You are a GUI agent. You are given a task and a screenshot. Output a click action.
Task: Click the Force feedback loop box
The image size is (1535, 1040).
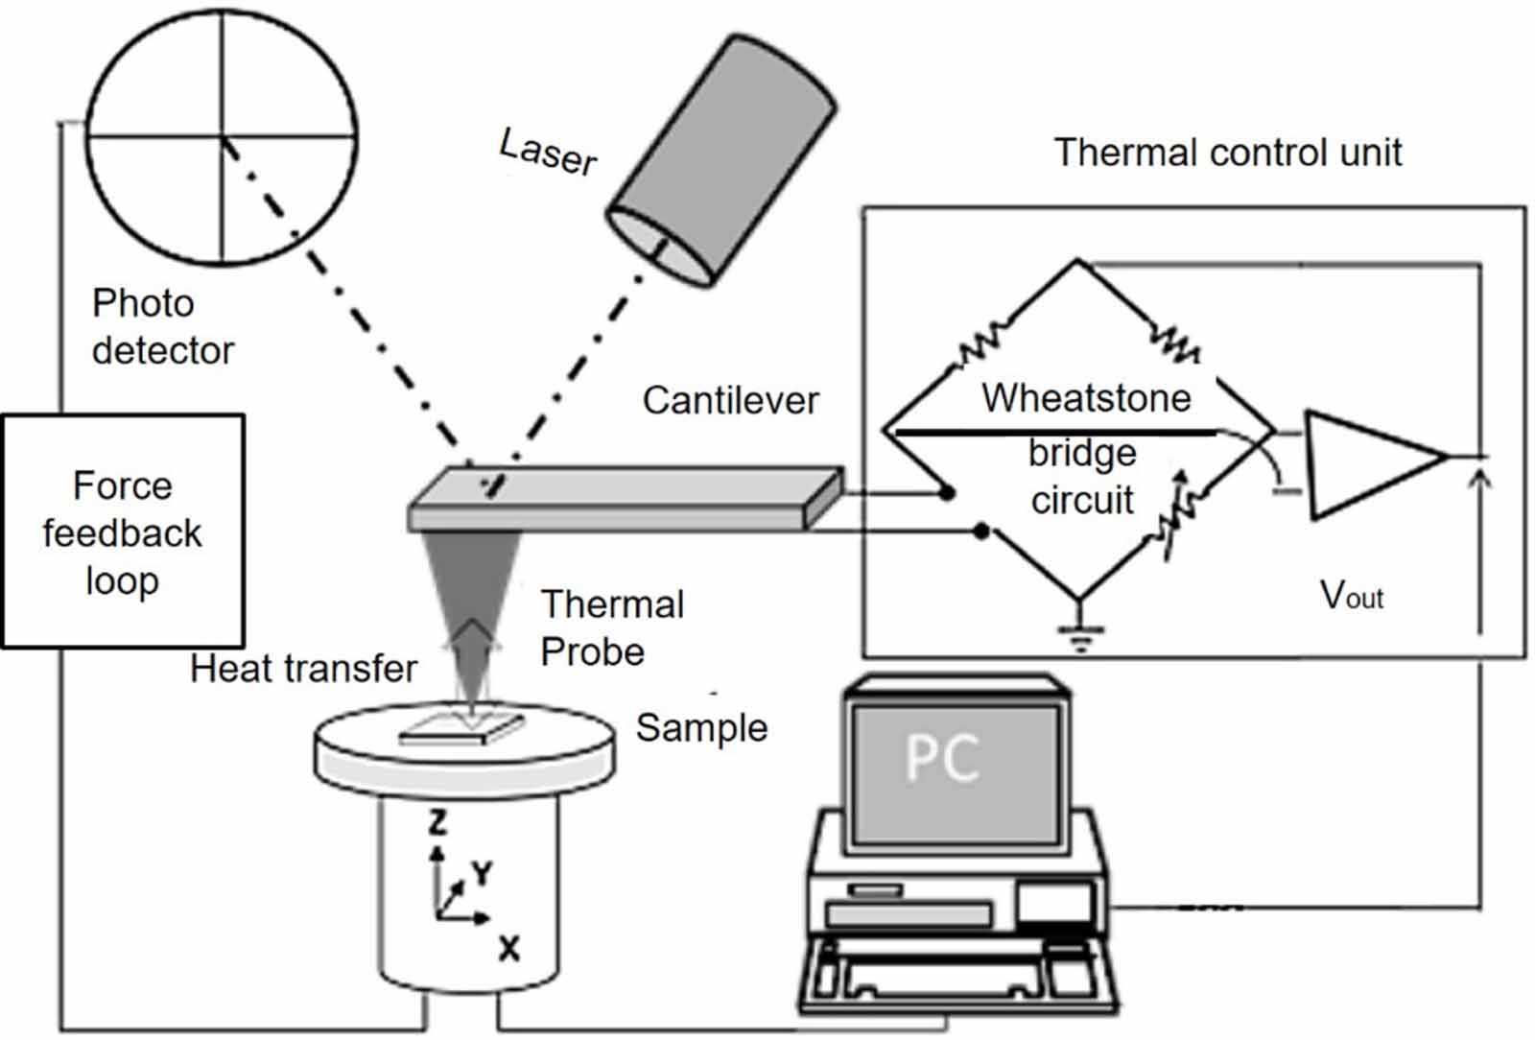tap(123, 532)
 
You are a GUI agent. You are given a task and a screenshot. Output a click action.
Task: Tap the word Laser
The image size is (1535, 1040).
tap(548, 152)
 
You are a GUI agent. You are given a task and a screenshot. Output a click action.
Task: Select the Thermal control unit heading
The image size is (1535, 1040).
tap(1227, 153)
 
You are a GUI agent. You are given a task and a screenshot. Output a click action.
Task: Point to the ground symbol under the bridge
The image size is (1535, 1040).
tap(1080, 634)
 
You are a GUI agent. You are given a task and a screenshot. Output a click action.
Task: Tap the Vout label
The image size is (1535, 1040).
tap(1351, 596)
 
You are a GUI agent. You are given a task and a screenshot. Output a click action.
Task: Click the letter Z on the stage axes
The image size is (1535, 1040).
tap(437, 821)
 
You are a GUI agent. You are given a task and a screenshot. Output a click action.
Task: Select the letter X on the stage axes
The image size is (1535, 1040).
tap(508, 949)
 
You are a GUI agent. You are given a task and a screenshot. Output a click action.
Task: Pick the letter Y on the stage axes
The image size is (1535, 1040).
tap(482, 872)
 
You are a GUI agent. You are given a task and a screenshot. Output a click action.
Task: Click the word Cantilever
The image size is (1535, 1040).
tap(730, 400)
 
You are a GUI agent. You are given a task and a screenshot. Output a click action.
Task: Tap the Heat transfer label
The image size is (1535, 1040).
tap(303, 668)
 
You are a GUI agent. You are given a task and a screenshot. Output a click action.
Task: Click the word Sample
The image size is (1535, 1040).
tap(701, 727)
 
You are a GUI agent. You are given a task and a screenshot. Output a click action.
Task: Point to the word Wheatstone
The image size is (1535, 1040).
tap(1085, 397)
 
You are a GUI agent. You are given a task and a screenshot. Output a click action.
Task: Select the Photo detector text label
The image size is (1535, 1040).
tap(161, 326)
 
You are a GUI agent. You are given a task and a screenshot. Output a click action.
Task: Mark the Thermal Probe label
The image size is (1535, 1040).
tap(611, 627)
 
